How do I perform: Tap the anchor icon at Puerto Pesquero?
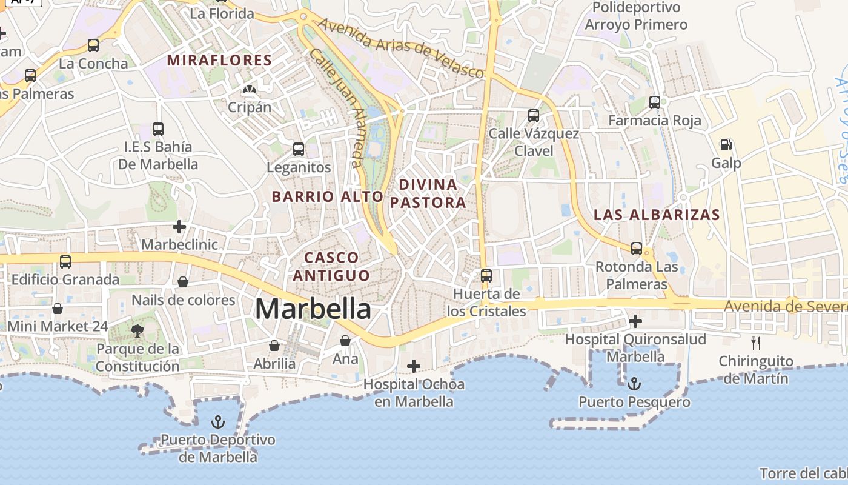click(x=634, y=384)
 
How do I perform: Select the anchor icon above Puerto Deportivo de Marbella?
click(x=217, y=422)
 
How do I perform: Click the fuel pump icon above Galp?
click(x=726, y=145)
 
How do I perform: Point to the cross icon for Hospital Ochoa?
click(x=414, y=366)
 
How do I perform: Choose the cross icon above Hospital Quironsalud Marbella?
click(x=635, y=321)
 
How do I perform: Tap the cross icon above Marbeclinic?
click(x=179, y=227)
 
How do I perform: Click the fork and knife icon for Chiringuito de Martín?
click(x=756, y=343)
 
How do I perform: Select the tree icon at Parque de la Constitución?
click(x=137, y=331)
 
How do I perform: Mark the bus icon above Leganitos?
click(x=299, y=149)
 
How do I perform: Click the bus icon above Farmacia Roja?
click(x=655, y=102)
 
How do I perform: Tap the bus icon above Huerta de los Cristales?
click(x=486, y=276)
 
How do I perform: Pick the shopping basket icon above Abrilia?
click(x=274, y=346)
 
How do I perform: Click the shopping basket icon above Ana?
click(x=345, y=341)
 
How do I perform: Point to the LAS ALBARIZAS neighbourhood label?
click(x=657, y=215)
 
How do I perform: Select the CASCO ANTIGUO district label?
click(x=331, y=267)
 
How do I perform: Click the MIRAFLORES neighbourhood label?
click(x=219, y=60)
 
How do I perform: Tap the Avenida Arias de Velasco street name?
click(x=401, y=48)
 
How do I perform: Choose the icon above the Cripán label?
click(x=248, y=90)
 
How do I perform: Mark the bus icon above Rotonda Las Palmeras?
click(x=637, y=249)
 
